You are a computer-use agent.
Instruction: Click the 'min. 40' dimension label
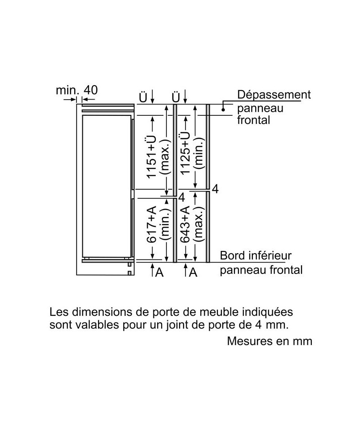(76, 90)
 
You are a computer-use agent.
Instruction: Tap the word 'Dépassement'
(274, 95)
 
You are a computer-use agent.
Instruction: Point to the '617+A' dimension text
(152, 224)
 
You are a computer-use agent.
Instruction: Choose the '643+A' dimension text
(185, 224)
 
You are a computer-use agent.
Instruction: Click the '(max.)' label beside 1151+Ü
(166, 157)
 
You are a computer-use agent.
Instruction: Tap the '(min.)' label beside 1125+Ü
(199, 153)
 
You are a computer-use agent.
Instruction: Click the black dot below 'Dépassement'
(223, 110)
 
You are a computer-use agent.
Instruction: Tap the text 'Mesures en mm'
(270, 341)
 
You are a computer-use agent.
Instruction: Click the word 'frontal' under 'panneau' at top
(254, 120)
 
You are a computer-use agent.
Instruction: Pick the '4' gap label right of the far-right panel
(215, 189)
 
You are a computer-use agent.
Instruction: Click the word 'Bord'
(232, 256)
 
